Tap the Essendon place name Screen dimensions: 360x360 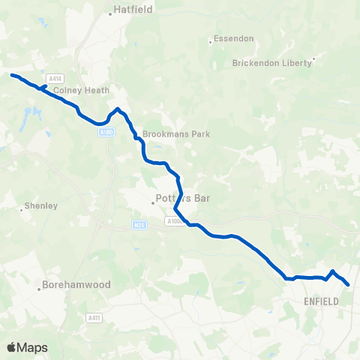point(234,38)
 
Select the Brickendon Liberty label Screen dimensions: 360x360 point(272,63)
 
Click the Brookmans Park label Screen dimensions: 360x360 point(176,134)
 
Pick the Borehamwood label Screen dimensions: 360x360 point(77,285)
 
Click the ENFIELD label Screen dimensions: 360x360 point(322,301)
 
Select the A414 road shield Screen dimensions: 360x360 point(55,79)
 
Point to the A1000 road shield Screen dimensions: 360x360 point(175,222)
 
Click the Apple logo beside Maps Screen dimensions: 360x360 point(12,347)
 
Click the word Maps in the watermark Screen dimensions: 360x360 point(32,347)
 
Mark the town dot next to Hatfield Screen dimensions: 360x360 point(110,12)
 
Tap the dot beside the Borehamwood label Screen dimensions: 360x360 point(39,286)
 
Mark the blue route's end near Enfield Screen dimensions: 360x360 point(349,284)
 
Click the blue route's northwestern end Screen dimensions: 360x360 point(11,74)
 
